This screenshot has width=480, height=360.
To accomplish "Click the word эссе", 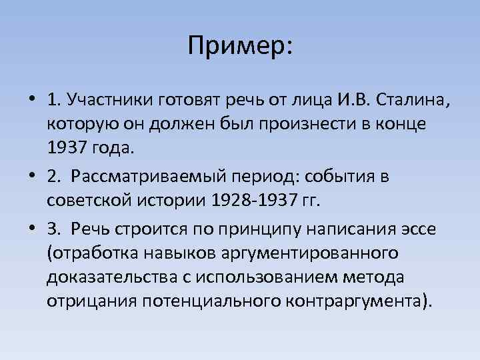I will click(x=417, y=230).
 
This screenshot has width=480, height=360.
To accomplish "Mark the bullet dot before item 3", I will click(x=32, y=231).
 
